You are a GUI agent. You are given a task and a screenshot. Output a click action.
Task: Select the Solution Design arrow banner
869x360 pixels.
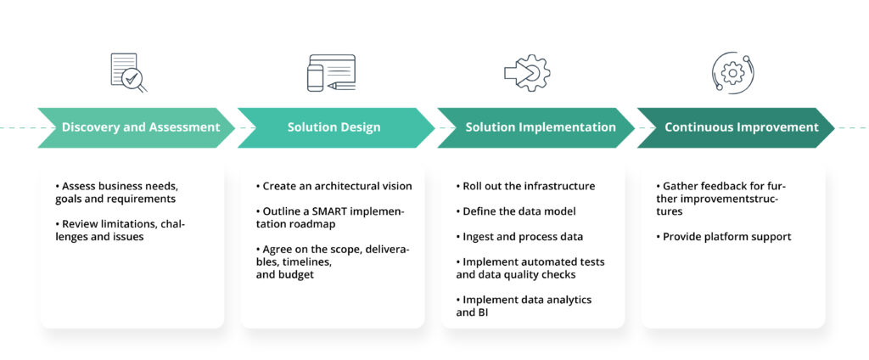point(334,127)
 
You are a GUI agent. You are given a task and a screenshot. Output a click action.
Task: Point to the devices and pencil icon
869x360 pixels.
point(330,73)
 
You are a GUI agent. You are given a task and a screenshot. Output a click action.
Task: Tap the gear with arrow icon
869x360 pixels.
point(527,73)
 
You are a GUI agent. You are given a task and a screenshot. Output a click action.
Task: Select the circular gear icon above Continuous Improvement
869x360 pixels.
point(731,73)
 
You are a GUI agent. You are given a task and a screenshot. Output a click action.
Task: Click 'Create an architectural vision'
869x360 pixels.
point(334,186)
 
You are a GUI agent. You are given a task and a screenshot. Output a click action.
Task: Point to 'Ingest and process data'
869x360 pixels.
point(523,237)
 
